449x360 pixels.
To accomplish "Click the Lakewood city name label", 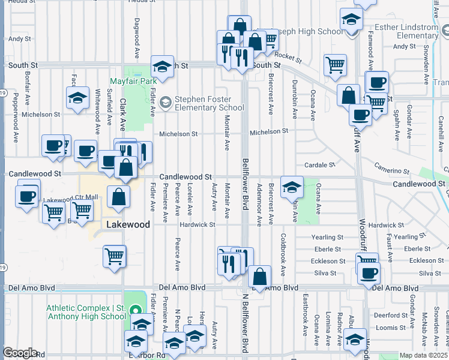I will (128, 224).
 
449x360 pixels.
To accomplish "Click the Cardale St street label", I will (319, 164).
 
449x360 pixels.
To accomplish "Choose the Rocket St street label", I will (289, 57).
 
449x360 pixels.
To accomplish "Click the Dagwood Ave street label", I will (137, 28).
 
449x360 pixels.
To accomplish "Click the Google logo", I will (20, 353).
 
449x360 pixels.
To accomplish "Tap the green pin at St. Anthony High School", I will (135, 311).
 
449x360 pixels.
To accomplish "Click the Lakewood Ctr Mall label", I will (71, 198).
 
